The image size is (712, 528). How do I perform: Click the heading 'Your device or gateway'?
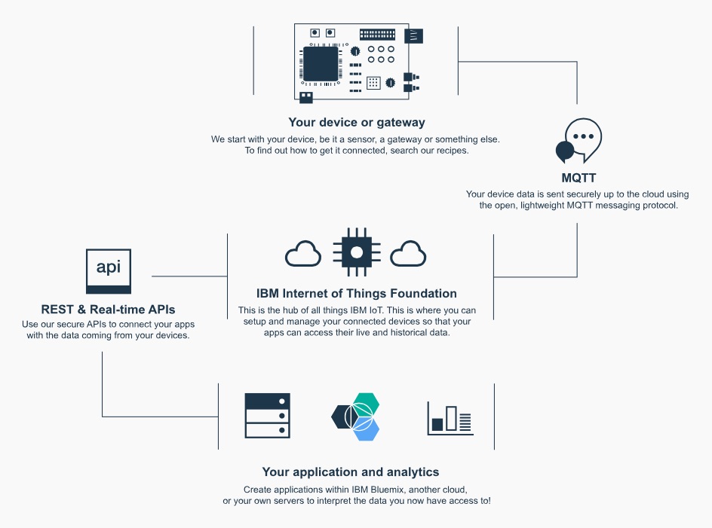click(357, 122)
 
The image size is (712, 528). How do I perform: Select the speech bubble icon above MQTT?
click(578, 141)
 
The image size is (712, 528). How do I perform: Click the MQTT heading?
click(578, 179)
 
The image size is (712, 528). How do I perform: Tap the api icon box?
click(109, 270)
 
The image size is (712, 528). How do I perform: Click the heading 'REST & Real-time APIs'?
click(109, 310)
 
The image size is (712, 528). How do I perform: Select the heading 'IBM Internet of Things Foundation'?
click(357, 294)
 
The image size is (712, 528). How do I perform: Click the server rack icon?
click(267, 415)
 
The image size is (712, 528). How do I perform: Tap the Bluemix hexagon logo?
click(357, 416)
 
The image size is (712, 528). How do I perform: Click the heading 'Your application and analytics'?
click(351, 472)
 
